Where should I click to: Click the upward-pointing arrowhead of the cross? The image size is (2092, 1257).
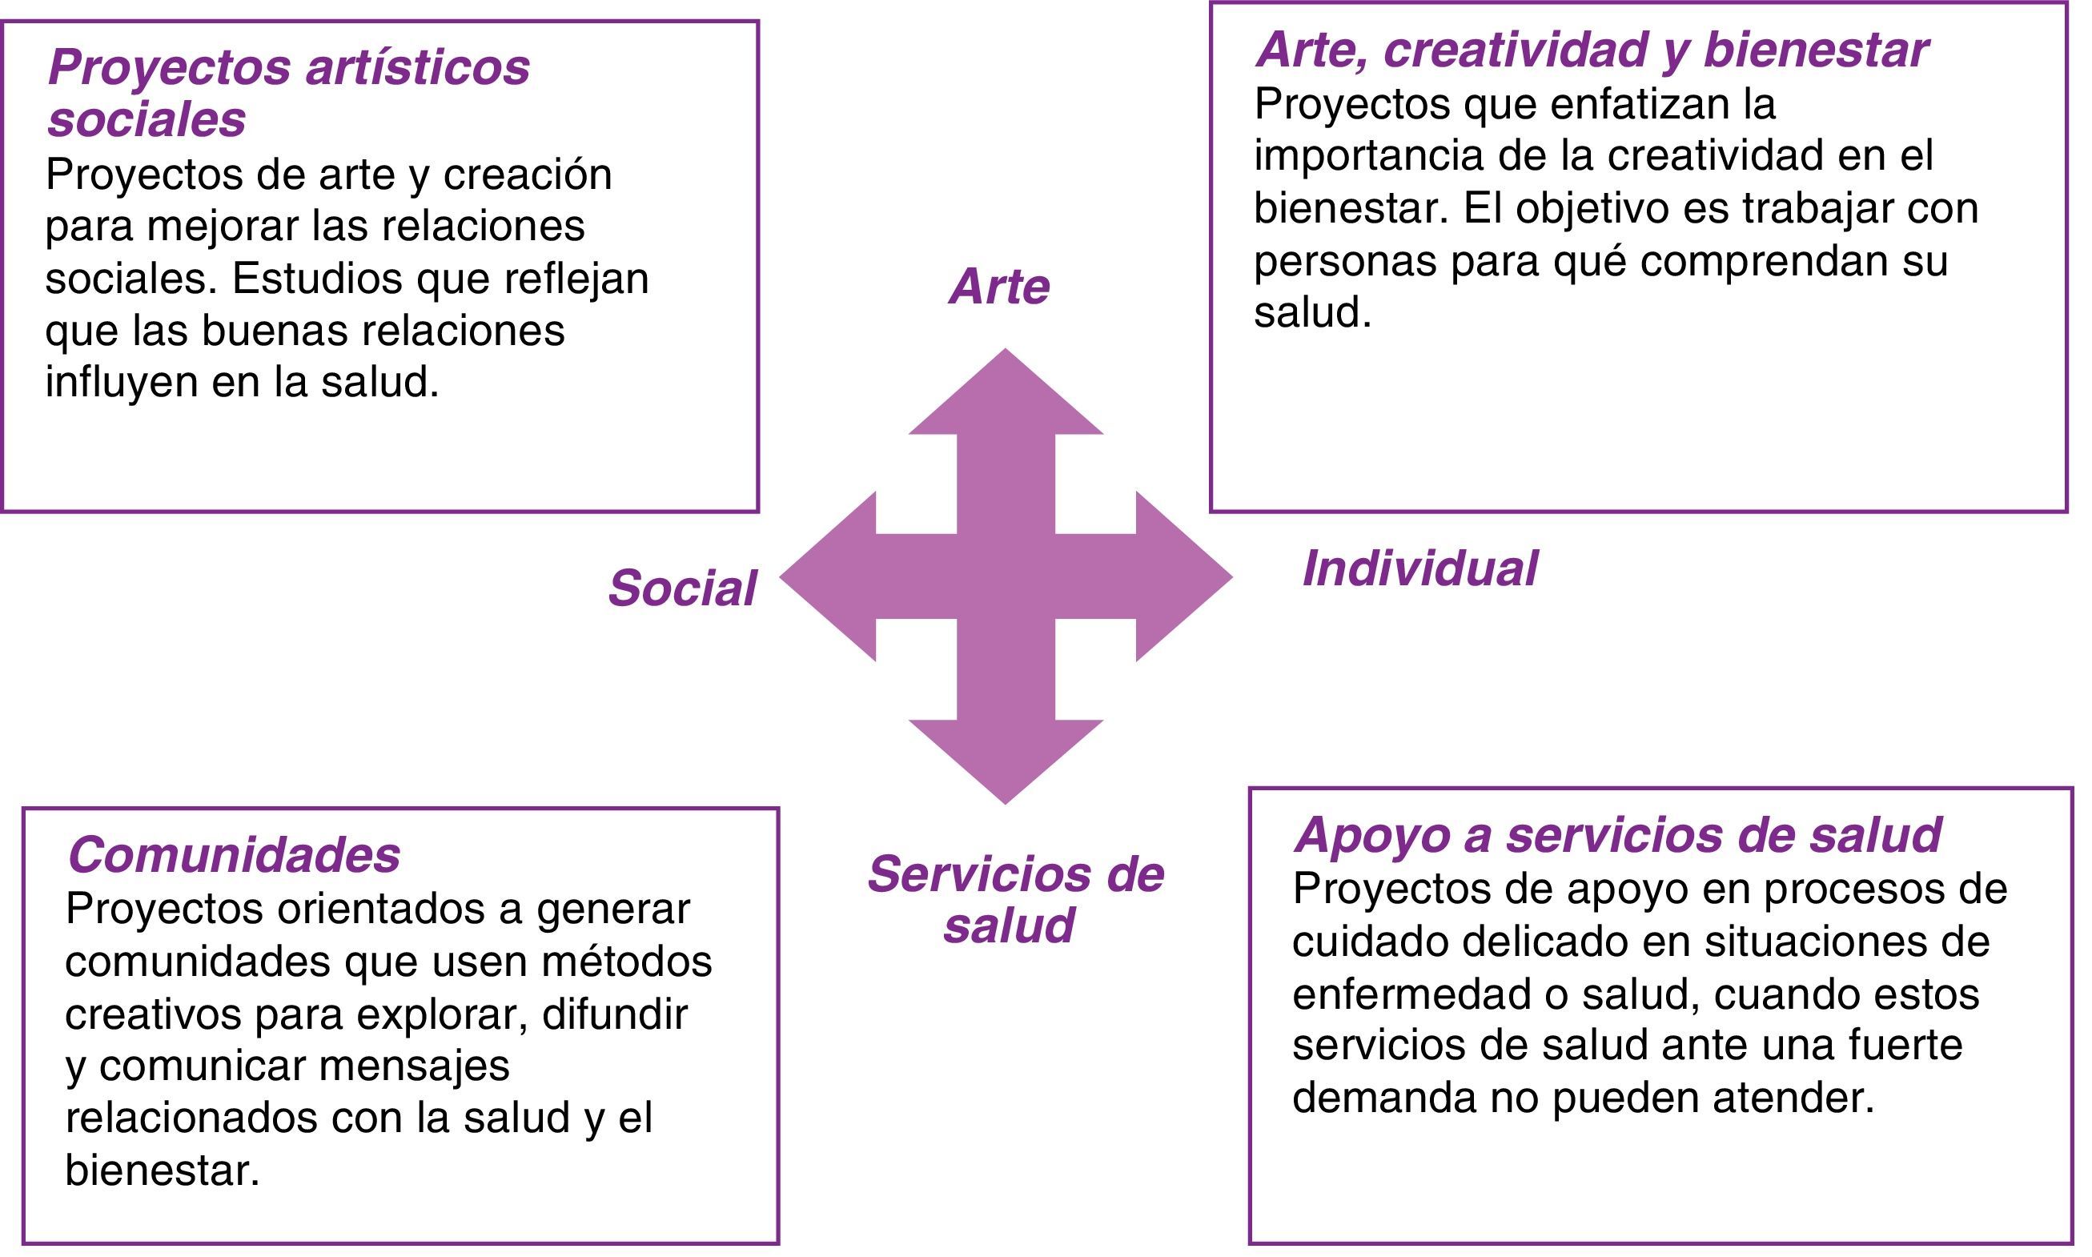1006,398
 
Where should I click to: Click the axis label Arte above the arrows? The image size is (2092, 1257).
999,287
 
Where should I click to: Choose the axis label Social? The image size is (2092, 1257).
682,588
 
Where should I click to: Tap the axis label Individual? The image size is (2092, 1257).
1419,568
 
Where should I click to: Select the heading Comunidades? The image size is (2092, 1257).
234,853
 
